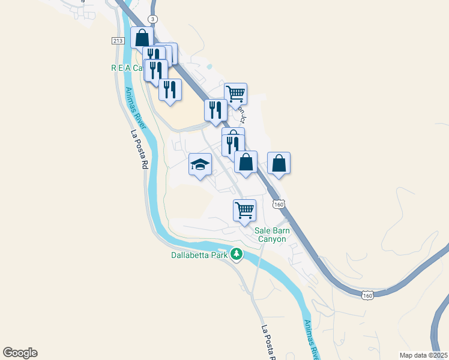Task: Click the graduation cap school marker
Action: (200, 164)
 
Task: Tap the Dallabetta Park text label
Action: (197, 255)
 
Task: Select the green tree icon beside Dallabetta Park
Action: (237, 254)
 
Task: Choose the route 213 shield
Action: (118, 40)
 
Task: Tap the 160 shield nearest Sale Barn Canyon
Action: (279, 205)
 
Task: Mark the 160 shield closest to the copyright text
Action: (368, 294)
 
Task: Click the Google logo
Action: (20, 353)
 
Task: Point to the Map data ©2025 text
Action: (423, 355)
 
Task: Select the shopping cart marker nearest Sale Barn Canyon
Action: (244, 211)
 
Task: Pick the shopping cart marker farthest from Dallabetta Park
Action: (236, 94)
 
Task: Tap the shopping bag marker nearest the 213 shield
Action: (142, 38)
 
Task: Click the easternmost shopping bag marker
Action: (279, 163)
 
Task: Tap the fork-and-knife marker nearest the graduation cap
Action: (232, 145)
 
